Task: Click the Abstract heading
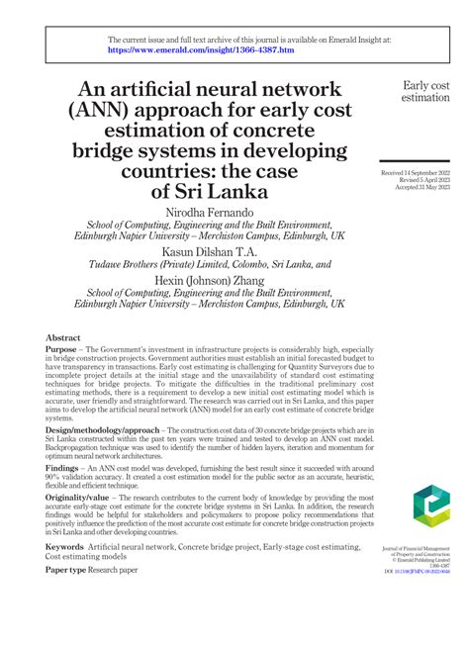click(63, 337)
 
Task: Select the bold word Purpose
click(66, 351)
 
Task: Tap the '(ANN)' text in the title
click(97, 110)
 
